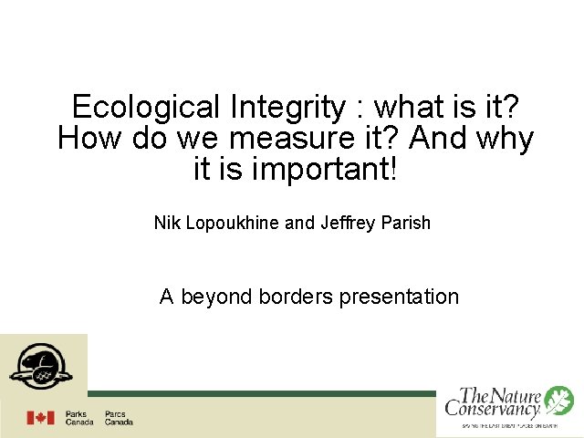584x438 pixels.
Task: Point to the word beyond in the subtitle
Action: coord(216,297)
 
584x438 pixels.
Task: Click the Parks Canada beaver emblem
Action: coord(40,365)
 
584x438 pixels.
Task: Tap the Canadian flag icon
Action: coord(40,417)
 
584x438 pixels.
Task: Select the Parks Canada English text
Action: coord(78,418)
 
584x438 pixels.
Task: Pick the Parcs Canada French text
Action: coord(118,418)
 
